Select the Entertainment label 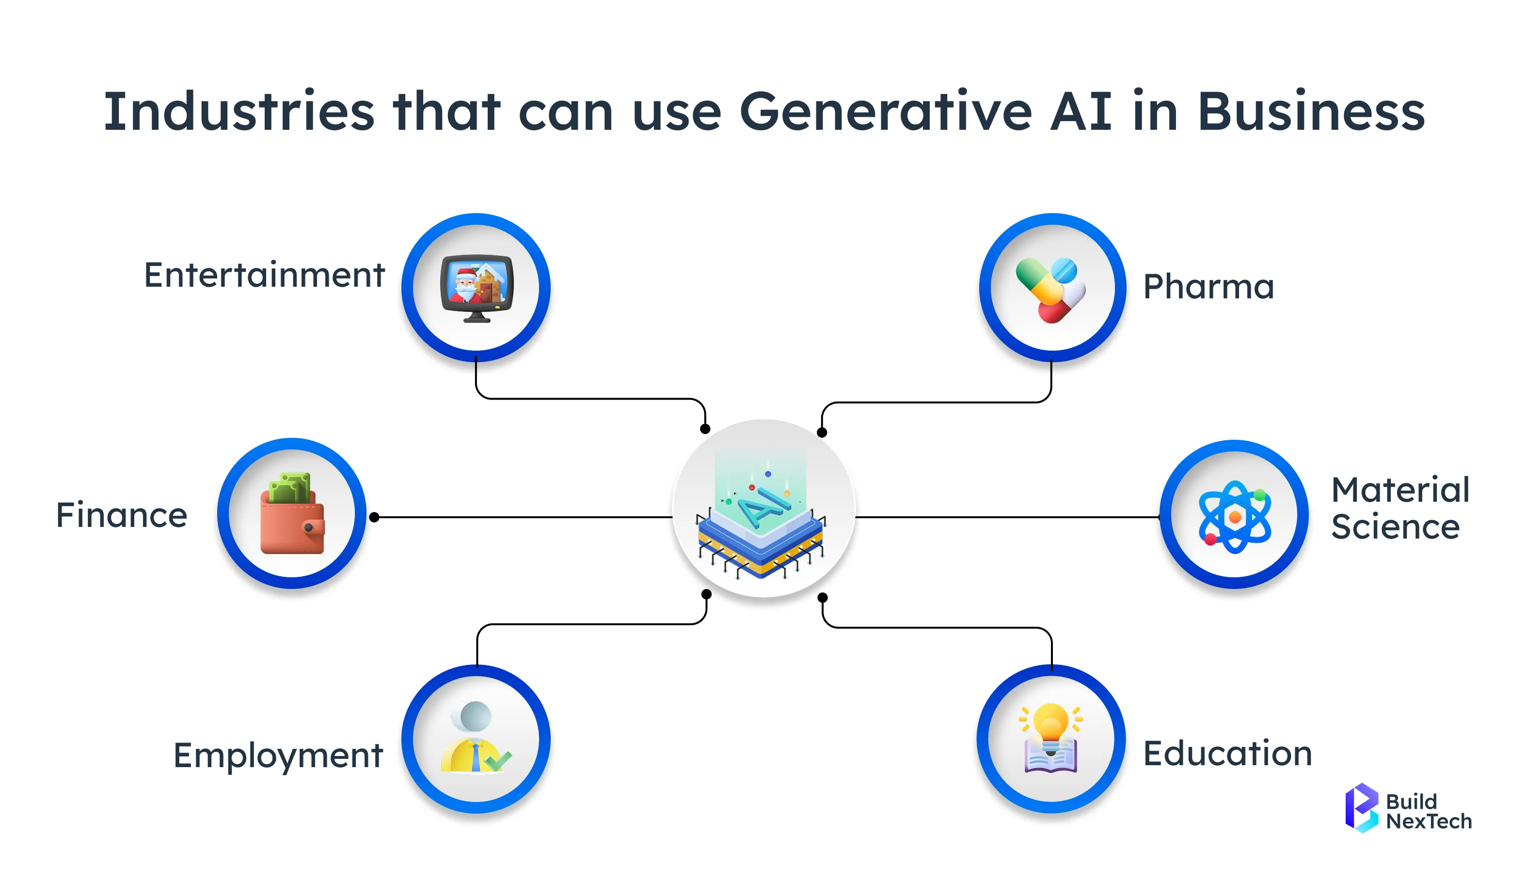pos(264,276)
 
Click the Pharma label pos(1208,286)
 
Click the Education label pos(1227,754)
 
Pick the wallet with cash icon pos(292,514)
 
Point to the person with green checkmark pos(476,737)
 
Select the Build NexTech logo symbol pos(1361,808)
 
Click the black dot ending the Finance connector pos(374,517)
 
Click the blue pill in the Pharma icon pos(1064,271)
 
